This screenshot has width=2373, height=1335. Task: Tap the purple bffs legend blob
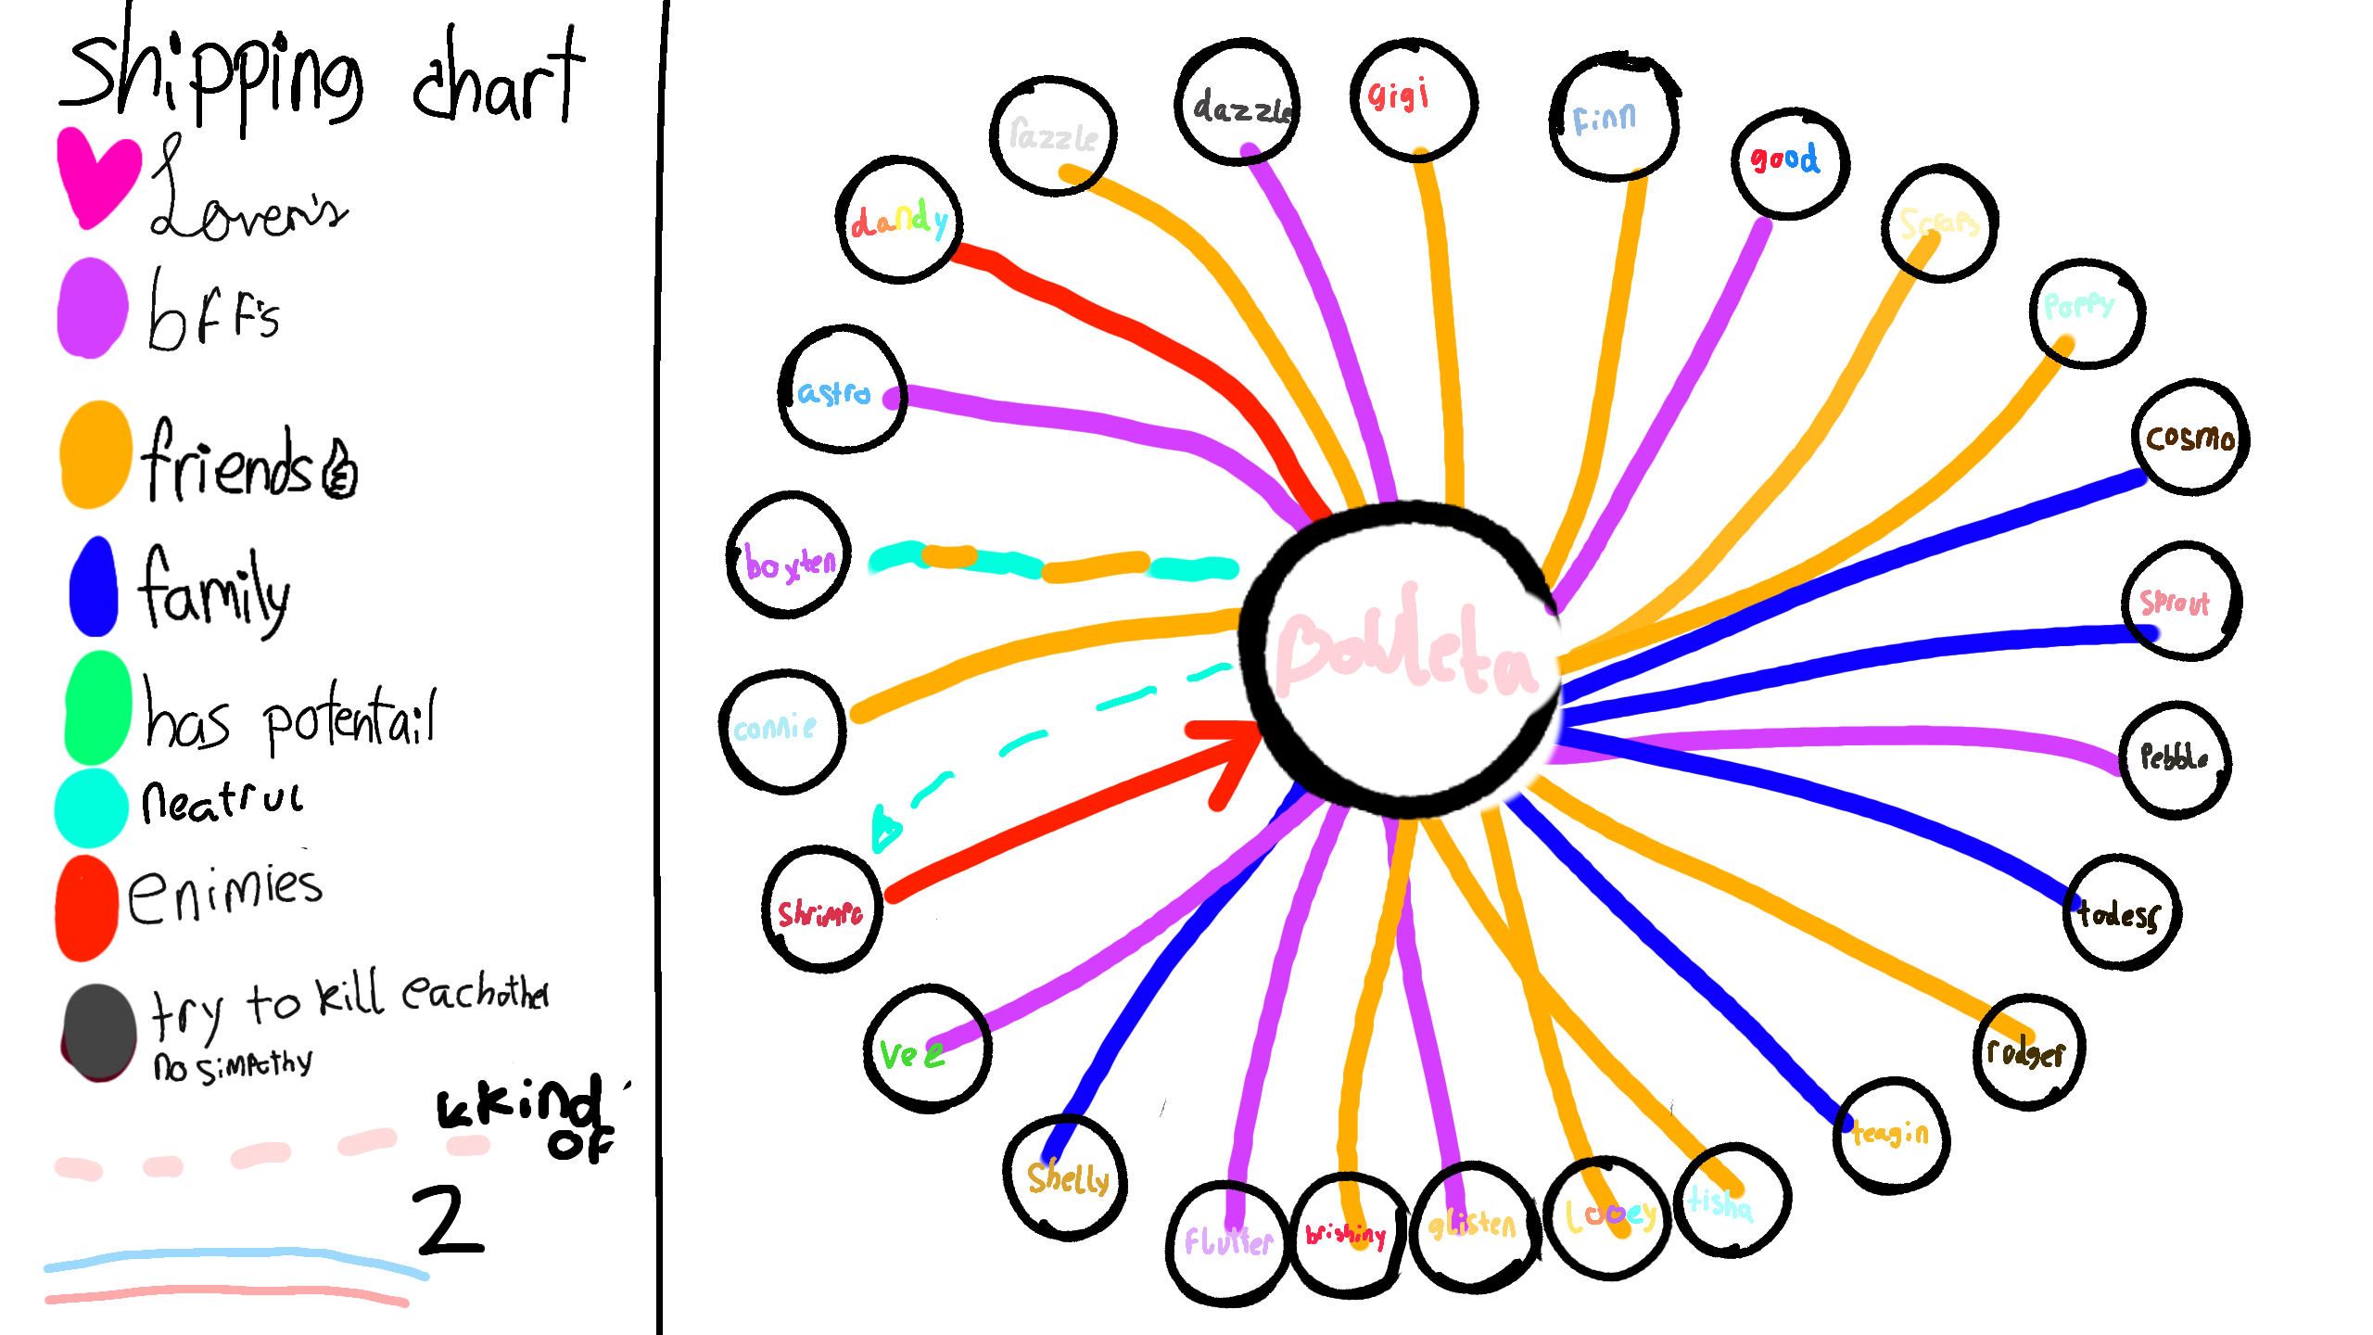(x=93, y=308)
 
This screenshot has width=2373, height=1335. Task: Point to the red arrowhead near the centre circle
(x=1228, y=756)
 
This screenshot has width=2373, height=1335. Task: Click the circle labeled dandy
(x=899, y=221)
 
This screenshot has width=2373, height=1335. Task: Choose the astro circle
(x=842, y=390)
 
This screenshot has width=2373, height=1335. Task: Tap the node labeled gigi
(x=1413, y=99)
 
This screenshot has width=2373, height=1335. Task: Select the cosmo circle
(x=2190, y=437)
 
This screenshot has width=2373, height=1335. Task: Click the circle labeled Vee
(x=927, y=1049)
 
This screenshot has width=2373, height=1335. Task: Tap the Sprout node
(x=2181, y=601)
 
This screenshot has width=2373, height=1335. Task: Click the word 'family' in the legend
(x=213, y=590)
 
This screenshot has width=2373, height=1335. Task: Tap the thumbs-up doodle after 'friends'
(x=339, y=470)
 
